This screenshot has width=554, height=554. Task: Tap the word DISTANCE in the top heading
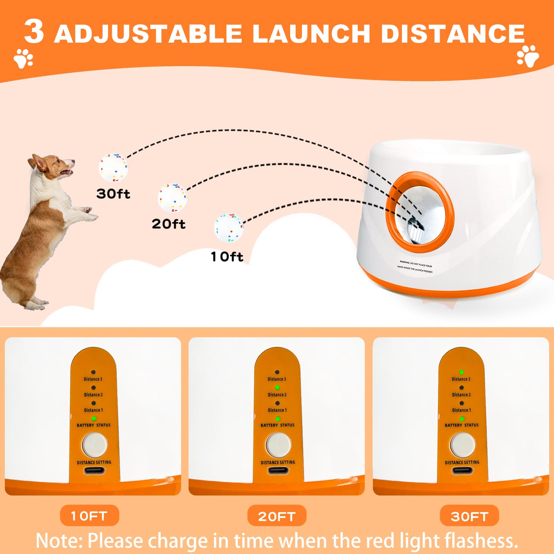pos(453,34)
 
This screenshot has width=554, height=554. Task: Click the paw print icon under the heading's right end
pos(528,56)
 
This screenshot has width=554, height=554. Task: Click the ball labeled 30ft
pos(114,167)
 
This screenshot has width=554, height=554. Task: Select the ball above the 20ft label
pos(172,198)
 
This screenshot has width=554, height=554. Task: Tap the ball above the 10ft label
pos(229,227)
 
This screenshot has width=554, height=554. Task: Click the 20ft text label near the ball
pos(169,224)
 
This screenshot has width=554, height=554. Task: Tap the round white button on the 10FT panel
pos(94,445)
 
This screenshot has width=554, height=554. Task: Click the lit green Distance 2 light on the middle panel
pos(277,388)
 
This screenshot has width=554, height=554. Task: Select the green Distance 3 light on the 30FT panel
pos(461,372)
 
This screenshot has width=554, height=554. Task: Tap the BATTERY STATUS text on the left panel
pos(94,425)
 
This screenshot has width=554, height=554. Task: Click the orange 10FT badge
pos(89,516)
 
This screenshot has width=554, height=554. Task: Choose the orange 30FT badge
pos(469,516)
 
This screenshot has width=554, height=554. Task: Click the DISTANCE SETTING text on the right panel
pos(462,463)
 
